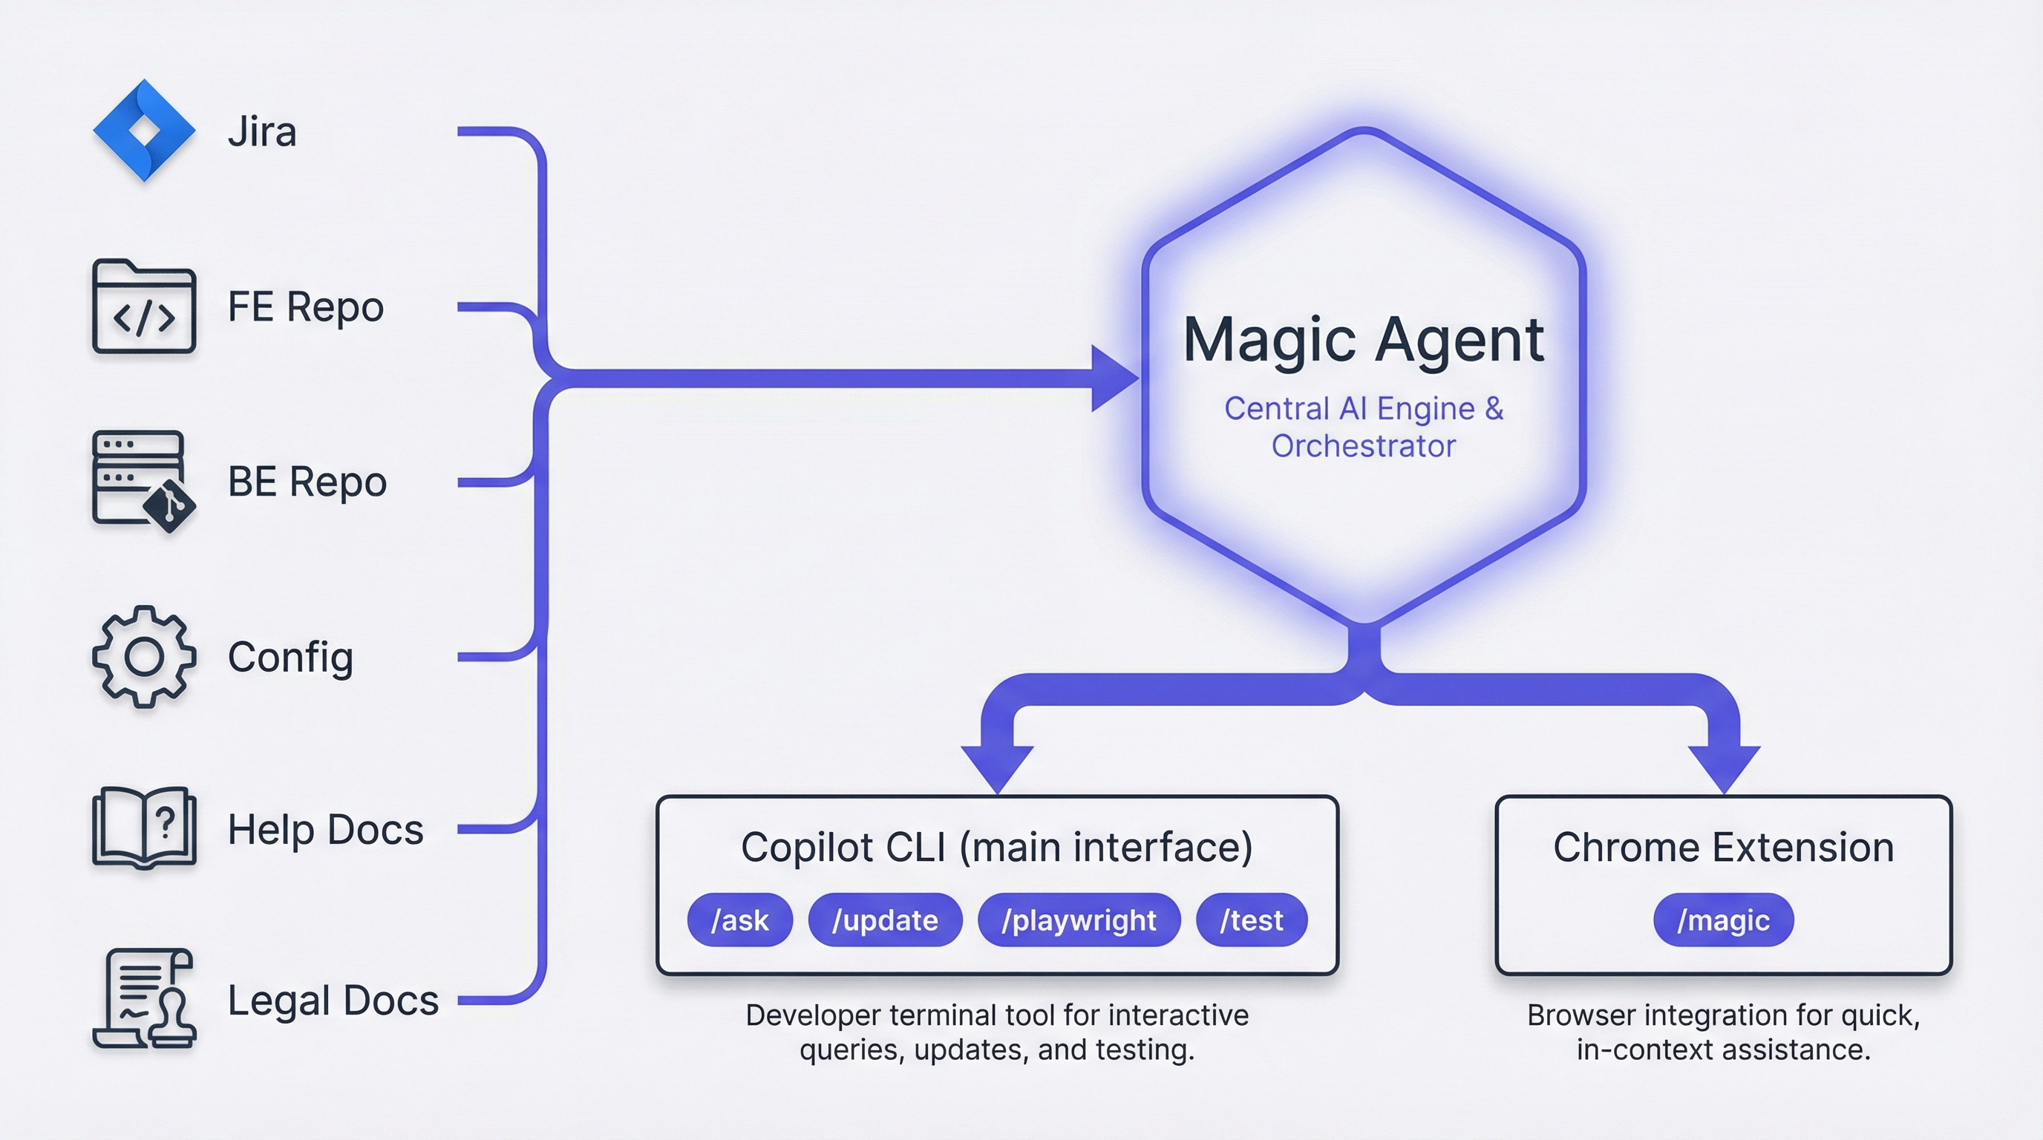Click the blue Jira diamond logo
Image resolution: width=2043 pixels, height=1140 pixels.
click(143, 130)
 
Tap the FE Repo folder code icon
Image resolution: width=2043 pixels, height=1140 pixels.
click(143, 307)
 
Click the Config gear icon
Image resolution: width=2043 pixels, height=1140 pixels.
click(143, 656)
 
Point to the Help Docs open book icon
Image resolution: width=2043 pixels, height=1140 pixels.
click(143, 828)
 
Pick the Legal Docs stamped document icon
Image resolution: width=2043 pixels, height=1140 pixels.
click(143, 999)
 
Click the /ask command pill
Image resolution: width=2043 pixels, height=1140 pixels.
click(739, 920)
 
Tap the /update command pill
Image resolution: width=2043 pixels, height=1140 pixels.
click(885, 920)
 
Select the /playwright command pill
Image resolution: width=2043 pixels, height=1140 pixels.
click(1079, 920)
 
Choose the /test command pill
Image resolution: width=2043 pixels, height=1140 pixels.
click(1252, 920)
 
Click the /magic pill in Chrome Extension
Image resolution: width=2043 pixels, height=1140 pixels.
click(1722, 920)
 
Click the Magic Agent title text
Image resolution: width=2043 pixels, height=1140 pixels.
click(1363, 340)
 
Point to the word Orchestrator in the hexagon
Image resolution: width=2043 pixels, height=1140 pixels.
click(1363, 446)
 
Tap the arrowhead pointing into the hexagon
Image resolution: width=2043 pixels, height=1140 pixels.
click(1114, 379)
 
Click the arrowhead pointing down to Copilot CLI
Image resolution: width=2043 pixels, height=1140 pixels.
click(997, 767)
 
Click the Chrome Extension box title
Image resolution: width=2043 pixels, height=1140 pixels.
click(1722, 847)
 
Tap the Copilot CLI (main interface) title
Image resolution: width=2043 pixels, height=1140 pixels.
click(997, 847)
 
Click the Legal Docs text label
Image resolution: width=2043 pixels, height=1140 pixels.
click(333, 1000)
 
